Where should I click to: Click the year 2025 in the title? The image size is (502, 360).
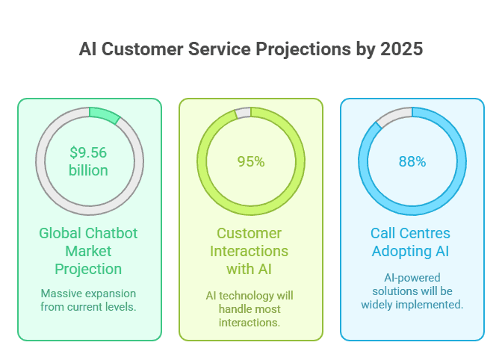click(403, 50)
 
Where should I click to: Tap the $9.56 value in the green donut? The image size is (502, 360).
click(89, 153)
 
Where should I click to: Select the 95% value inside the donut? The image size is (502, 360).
click(251, 161)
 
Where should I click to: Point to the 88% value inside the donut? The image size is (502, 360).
click(412, 161)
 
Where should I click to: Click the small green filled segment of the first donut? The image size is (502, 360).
click(104, 115)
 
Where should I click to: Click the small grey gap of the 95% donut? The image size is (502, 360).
click(243, 113)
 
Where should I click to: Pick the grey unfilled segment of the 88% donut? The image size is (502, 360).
click(394, 117)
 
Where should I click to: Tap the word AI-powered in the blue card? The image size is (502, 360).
click(412, 278)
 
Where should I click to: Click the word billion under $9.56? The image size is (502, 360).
click(89, 170)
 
